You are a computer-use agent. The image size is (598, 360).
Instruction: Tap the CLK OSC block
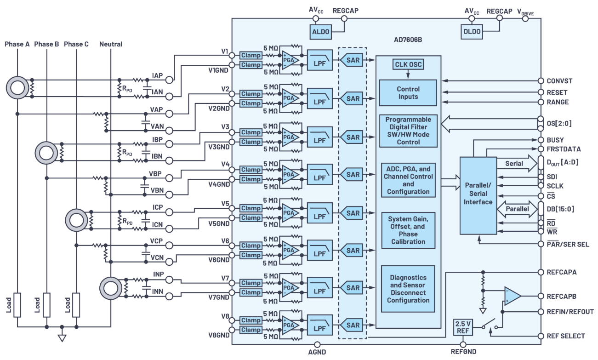pyautogui.click(x=408, y=64)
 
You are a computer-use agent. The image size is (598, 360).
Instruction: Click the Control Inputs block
pyautogui.click(x=408, y=92)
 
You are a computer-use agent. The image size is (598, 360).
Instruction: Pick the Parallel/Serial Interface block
pyautogui.click(x=478, y=195)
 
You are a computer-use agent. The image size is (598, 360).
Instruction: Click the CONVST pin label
pyautogui.click(x=560, y=81)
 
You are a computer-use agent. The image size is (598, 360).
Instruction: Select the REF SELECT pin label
pyautogui.click(x=566, y=336)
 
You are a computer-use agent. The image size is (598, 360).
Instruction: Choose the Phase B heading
pyautogui.click(x=46, y=44)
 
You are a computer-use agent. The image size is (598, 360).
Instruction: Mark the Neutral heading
pyautogui.click(x=111, y=44)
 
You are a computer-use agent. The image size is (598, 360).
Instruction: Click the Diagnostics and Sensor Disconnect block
pyautogui.click(x=408, y=289)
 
